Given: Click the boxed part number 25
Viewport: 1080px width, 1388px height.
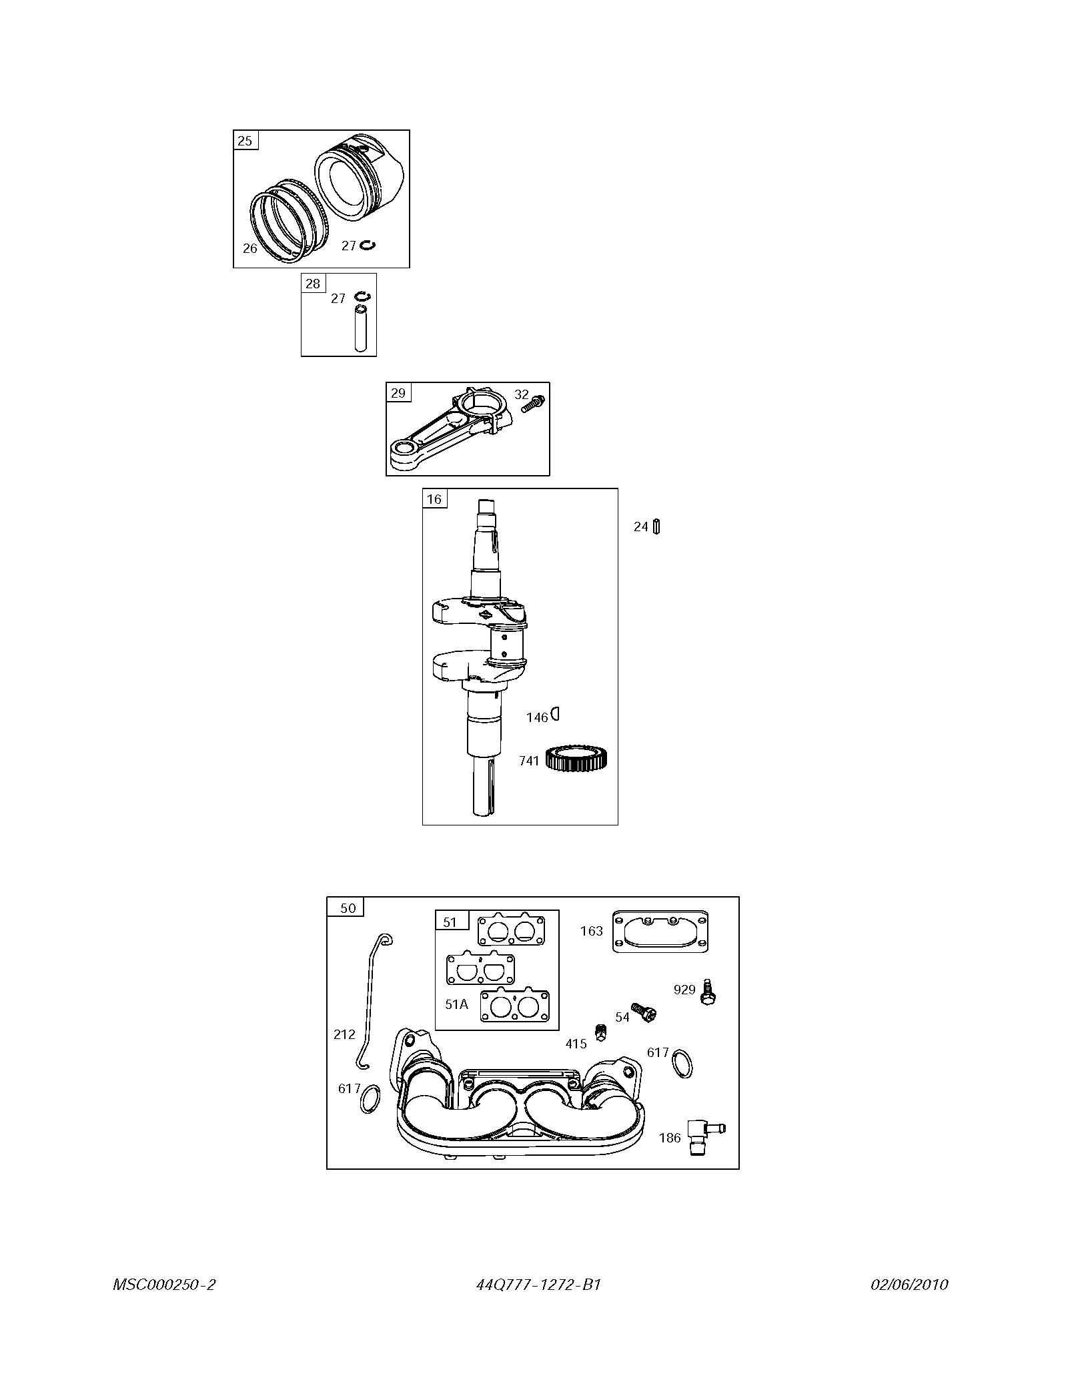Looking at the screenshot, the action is [245, 140].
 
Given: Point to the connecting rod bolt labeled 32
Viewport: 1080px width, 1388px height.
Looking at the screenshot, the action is [534, 403].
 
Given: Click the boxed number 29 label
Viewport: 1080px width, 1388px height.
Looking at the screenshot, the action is [398, 393].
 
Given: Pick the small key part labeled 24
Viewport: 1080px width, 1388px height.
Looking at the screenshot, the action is [657, 527].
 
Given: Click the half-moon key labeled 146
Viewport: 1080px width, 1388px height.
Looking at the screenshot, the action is [554, 715].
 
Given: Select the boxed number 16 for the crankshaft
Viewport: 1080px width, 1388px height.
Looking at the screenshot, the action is [434, 499].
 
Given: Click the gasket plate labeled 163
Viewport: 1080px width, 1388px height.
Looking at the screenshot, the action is [660, 931].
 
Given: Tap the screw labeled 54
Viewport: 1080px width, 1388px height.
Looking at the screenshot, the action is [644, 1012].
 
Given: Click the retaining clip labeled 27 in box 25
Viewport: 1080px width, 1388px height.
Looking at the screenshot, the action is [368, 246].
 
